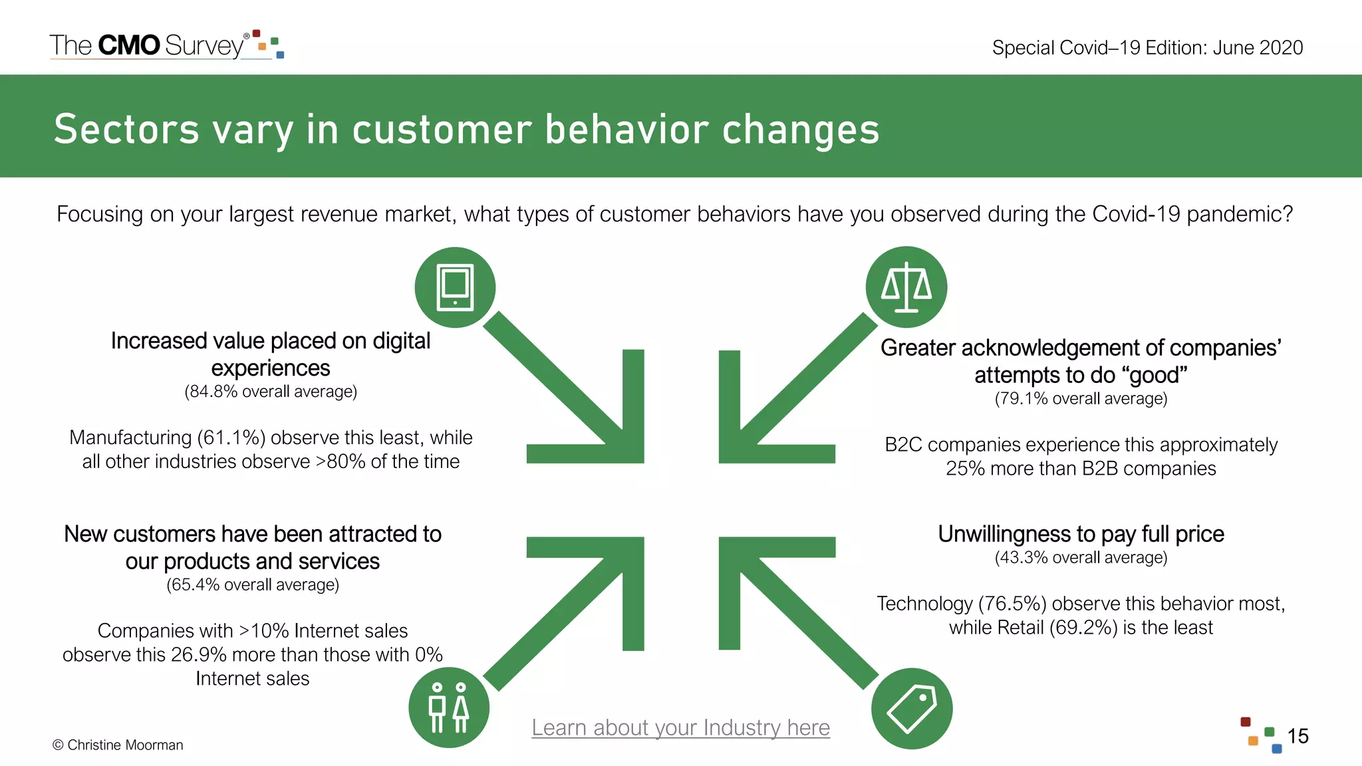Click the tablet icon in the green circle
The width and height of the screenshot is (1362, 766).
point(455,287)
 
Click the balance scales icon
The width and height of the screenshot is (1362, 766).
point(906,287)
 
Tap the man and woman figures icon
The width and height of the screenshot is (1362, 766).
point(449,707)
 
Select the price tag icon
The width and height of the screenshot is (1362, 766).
point(912,708)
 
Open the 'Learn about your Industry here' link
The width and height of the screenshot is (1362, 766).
point(680,727)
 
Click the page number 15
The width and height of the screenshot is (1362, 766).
point(1297,736)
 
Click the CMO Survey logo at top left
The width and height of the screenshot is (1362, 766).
point(166,45)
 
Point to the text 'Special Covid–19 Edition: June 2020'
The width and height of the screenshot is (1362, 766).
point(1147,48)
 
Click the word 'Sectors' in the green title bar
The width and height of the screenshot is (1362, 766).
point(126,129)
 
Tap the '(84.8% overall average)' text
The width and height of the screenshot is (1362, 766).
point(271,392)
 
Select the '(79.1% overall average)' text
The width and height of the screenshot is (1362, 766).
point(1081,399)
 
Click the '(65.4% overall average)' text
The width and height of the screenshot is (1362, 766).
point(253,585)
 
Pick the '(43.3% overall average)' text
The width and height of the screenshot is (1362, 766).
point(1081,557)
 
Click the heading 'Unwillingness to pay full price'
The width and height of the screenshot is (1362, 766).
point(1081,534)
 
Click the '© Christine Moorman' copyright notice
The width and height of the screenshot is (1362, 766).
point(118,745)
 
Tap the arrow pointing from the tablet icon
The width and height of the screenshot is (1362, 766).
point(565,392)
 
